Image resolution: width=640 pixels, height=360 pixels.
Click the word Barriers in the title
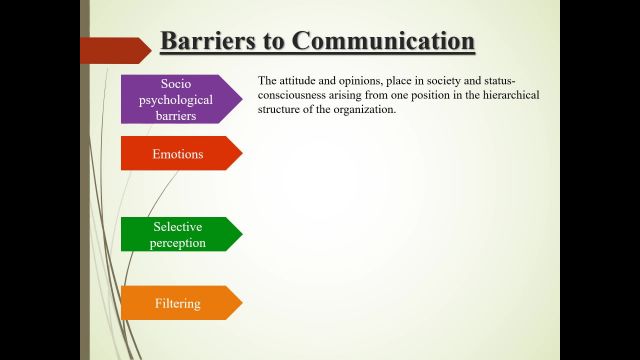[x=203, y=42]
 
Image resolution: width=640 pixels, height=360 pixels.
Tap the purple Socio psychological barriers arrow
[x=181, y=99]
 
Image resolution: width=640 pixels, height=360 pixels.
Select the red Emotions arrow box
[x=179, y=154]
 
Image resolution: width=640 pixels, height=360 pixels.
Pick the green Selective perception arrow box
[x=179, y=234]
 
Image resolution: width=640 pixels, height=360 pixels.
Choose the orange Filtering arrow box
[x=179, y=303]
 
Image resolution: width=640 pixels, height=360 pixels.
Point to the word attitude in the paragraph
[x=299, y=81]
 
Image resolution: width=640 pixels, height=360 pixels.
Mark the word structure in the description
[x=279, y=109]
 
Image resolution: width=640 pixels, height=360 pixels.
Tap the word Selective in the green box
[x=177, y=227]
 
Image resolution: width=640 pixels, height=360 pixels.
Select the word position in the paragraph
[x=425, y=95]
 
